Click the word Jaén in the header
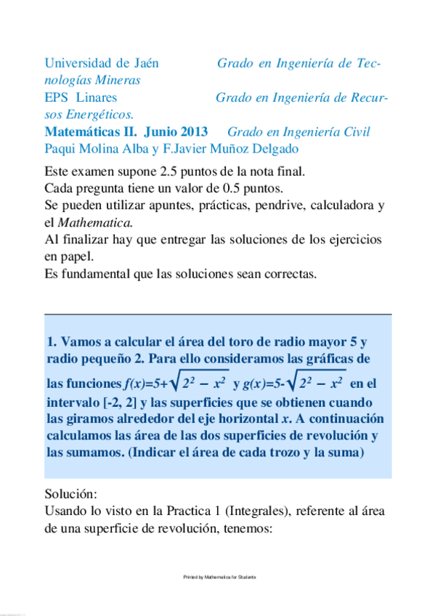point(143,63)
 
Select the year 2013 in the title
point(190,131)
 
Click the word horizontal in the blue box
point(237,419)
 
